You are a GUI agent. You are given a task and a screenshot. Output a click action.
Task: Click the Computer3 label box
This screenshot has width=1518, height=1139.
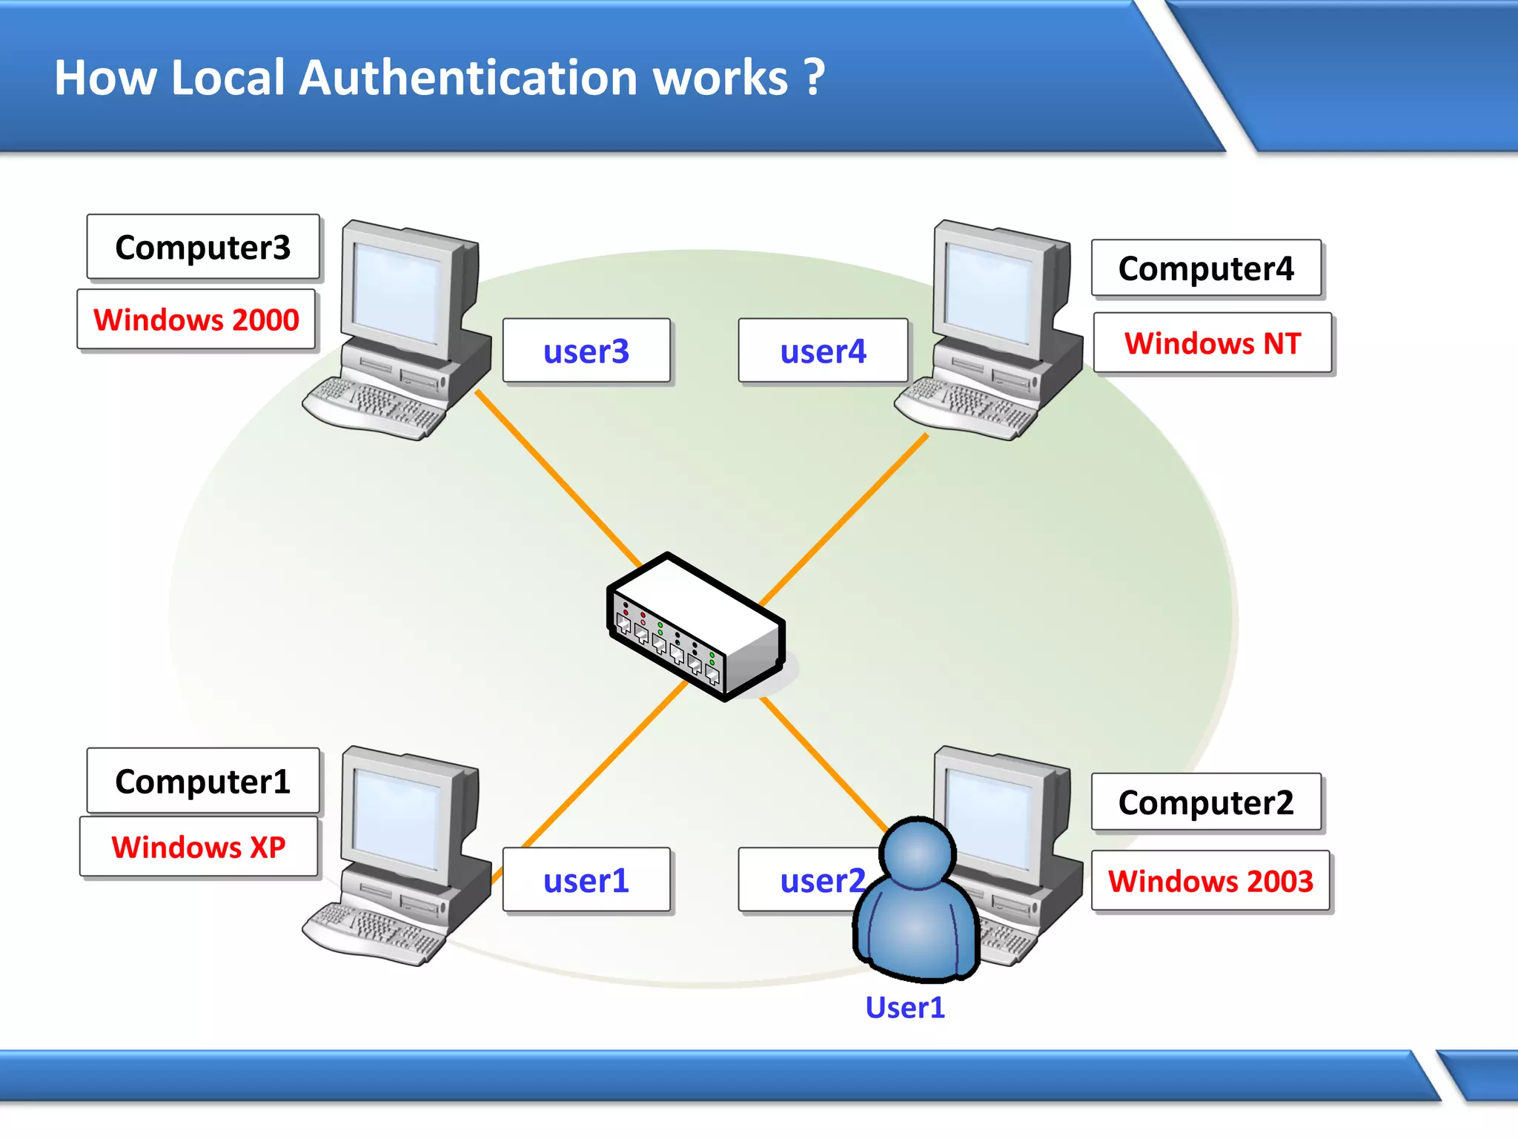pos(202,247)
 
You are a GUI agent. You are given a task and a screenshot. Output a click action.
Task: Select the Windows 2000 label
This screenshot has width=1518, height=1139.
pos(196,320)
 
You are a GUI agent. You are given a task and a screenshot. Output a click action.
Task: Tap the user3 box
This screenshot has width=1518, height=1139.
pos(586,351)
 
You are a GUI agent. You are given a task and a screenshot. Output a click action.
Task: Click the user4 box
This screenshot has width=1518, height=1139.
pos(823,351)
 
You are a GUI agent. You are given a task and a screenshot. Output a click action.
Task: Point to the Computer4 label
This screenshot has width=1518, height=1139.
pos(1206,268)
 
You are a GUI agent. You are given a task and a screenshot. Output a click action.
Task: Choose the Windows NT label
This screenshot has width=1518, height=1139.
pos(1213,343)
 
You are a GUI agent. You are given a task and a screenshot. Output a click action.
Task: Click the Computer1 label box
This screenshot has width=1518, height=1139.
pos(202,781)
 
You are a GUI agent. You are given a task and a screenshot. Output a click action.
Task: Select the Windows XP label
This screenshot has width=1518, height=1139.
pos(198,847)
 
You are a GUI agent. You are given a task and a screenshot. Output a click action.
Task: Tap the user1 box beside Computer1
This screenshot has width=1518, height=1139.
pos(586,880)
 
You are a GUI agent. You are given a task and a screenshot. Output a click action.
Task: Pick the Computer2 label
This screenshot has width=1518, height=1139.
pos(1206,802)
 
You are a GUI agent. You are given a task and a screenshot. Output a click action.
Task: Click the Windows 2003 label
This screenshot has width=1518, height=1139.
pos(1210,881)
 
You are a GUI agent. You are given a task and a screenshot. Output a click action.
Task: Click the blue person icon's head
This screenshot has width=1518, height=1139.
pos(918,854)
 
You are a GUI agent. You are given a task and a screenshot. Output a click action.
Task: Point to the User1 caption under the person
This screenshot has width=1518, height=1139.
pos(905,1008)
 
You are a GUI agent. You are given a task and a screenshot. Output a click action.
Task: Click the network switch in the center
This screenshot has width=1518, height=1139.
pos(695,627)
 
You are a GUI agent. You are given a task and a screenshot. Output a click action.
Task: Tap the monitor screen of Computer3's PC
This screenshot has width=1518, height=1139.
pos(397,291)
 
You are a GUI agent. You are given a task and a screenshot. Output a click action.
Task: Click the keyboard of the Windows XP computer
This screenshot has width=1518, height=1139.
pos(374,931)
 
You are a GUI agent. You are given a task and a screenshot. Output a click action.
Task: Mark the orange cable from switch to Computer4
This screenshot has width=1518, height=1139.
pos(845,519)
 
